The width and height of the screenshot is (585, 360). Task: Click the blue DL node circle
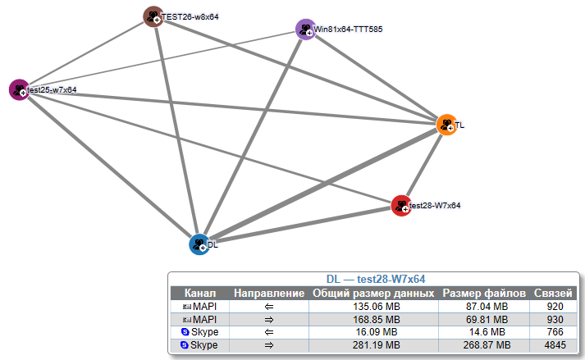tap(199, 244)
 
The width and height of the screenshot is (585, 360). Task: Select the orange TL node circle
tap(446, 125)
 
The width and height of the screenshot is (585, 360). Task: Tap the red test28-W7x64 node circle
tap(401, 205)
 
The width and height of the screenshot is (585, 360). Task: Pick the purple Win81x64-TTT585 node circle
tap(306, 29)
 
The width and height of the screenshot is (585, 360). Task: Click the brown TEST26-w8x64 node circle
tap(153, 16)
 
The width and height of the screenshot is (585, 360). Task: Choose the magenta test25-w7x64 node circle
tap(20, 89)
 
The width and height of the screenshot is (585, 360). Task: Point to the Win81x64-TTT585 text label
tap(348, 29)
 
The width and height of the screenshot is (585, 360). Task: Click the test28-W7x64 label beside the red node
tap(435, 205)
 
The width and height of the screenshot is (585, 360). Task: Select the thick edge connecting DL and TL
tap(323, 185)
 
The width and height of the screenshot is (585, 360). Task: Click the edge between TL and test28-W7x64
tap(424, 165)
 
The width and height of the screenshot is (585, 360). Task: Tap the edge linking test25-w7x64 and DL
tap(110, 167)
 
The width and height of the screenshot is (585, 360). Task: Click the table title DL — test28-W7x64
tap(376, 279)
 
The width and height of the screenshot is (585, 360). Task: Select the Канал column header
tap(200, 293)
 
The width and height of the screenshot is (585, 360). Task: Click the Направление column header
tap(269, 293)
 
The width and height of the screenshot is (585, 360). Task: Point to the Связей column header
tap(553, 293)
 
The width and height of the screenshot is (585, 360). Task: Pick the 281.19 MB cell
tap(377, 345)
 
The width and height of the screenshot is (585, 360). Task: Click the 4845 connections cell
tap(555, 345)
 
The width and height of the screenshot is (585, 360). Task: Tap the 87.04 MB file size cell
tap(487, 306)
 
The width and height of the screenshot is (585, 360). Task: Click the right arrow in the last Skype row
tap(269, 345)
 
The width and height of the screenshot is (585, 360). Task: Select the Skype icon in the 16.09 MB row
tap(185, 331)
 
